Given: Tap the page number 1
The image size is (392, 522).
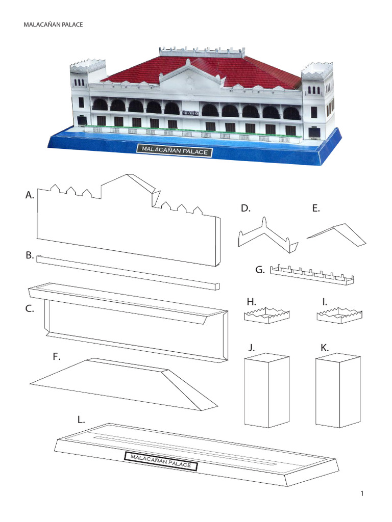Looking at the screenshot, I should pos(361,493).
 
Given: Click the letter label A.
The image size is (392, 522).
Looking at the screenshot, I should pos(29,195).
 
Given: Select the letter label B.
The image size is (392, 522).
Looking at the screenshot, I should pos(29,255).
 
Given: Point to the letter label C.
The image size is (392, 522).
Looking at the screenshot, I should pos(29,308).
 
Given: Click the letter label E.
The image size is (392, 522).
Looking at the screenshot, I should pos(316,208).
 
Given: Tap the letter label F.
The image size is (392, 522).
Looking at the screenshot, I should pos(57,357).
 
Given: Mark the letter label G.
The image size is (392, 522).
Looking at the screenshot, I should pos(260,270).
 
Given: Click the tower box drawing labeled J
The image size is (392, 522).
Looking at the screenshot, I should pos(266,391).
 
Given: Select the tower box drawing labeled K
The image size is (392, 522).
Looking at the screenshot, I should pos(337,391).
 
